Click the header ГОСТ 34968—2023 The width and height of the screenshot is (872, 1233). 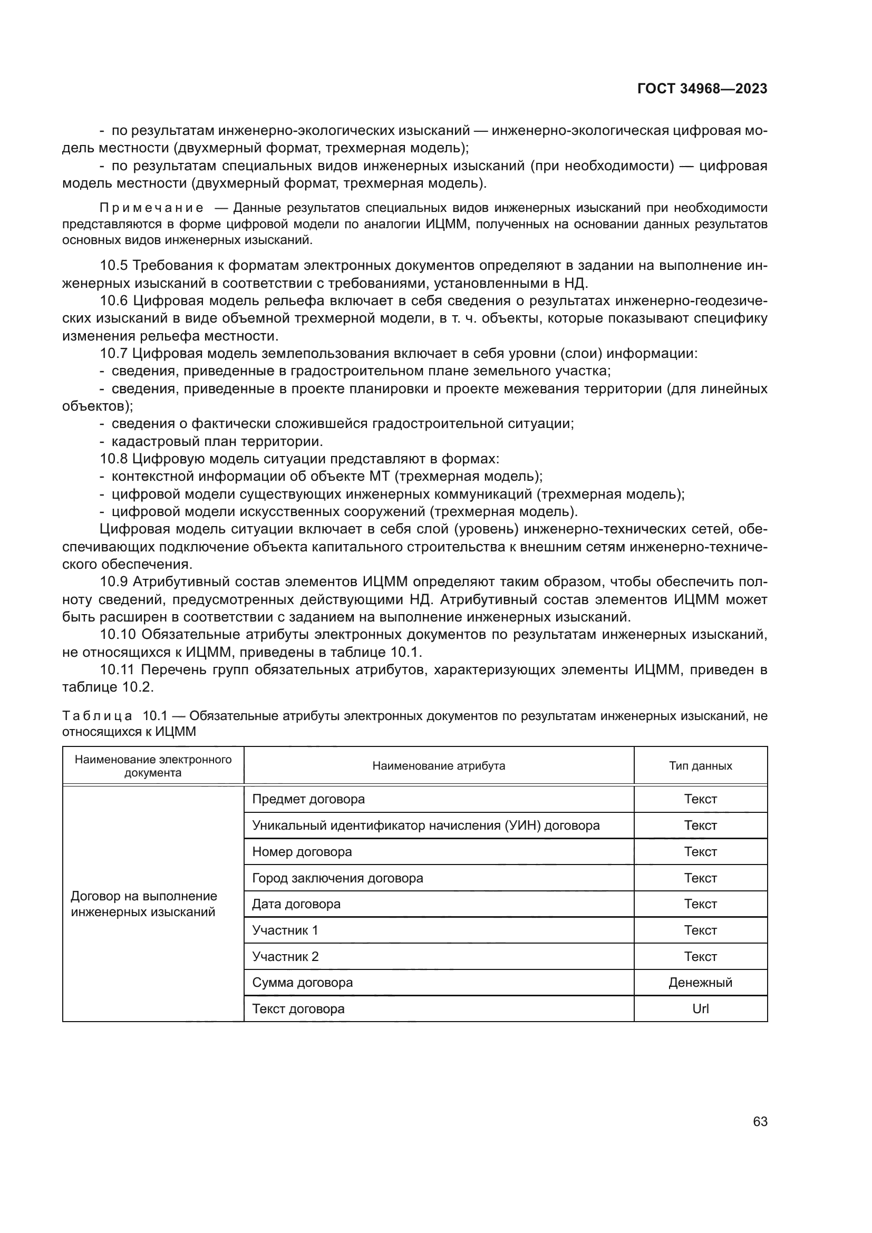(702, 89)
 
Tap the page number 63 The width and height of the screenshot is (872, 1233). (760, 1121)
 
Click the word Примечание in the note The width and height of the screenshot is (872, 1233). (151, 208)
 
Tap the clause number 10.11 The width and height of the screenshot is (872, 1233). (118, 669)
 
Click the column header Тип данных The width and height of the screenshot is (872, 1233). (700, 766)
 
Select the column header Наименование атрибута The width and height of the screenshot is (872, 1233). (438, 766)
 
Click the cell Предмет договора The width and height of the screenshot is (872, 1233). (308, 799)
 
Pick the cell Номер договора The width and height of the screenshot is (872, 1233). (302, 852)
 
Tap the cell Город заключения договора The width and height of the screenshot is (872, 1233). (337, 878)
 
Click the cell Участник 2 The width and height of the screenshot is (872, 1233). (285, 956)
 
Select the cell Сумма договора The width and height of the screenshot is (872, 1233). (302, 983)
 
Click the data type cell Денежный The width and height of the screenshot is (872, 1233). (700, 983)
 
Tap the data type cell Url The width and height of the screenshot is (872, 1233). (700, 1008)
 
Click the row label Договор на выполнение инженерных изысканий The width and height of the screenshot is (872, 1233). (143, 904)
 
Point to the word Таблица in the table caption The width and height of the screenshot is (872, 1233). (97, 716)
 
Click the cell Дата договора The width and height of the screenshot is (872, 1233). (296, 904)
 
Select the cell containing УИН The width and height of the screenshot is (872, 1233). (425, 826)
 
